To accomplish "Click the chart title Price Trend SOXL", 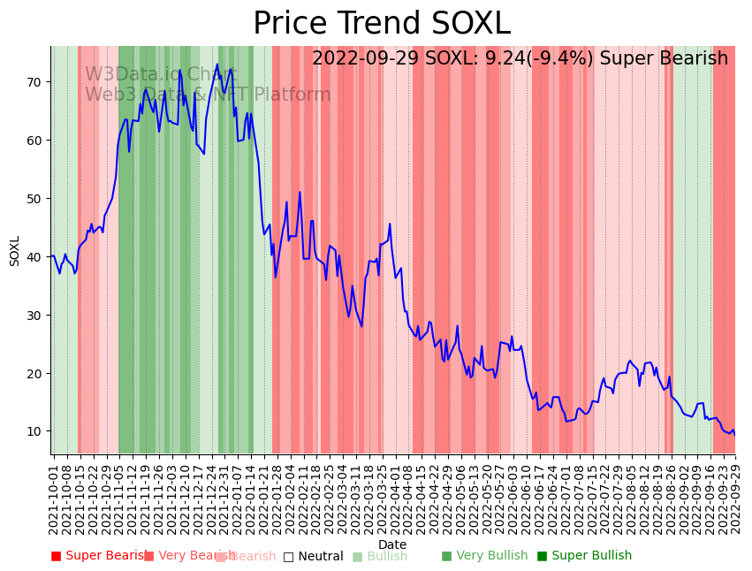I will pyautogui.click(x=382, y=24).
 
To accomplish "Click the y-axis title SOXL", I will pyautogui.click(x=15, y=250).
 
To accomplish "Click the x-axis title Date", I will pyautogui.click(x=392, y=545).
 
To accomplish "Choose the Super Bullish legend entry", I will pyautogui.click(x=591, y=556).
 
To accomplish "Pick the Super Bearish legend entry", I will pyautogui.click(x=104, y=556).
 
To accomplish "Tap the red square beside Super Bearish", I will pyautogui.click(x=57, y=556).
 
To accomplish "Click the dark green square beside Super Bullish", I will pyautogui.click(x=543, y=556).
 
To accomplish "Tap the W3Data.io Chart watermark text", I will pyautogui.click(x=160, y=75).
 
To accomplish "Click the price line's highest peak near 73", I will pyautogui.click(x=217, y=64).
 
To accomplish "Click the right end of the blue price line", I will pyautogui.click(x=734, y=435).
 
